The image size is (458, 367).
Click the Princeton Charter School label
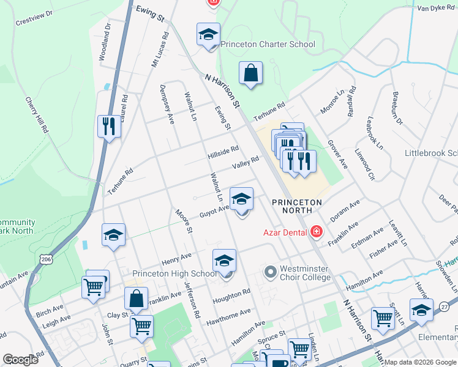click(268, 44)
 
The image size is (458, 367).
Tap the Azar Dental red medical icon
click(316, 232)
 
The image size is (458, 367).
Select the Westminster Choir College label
click(305, 273)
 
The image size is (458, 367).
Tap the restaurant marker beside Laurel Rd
click(109, 127)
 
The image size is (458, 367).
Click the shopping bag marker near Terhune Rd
click(251, 73)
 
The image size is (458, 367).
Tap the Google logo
click(20, 360)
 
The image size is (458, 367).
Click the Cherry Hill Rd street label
click(37, 114)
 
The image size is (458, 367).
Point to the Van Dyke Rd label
click(437, 8)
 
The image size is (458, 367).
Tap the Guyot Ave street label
click(214, 211)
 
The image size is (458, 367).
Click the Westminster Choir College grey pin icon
click(270, 271)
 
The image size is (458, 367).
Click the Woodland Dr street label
click(103, 41)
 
